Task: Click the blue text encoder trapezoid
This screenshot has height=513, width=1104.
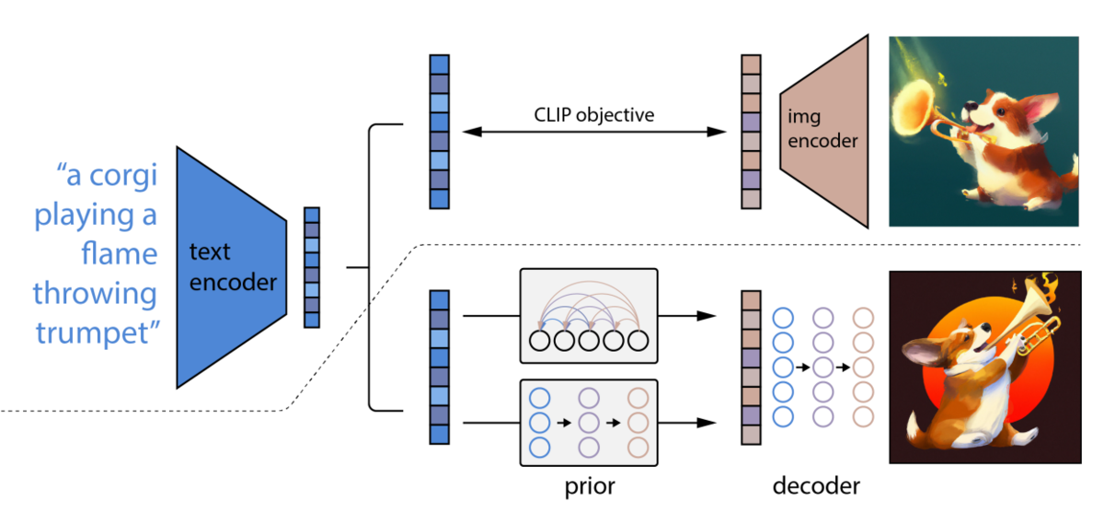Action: [x=232, y=267]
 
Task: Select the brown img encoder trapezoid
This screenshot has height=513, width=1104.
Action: [x=824, y=131]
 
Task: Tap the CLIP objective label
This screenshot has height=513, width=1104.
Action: [x=594, y=115]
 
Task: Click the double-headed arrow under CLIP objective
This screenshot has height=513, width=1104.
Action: [x=594, y=132]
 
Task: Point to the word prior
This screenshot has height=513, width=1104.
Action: [x=590, y=487]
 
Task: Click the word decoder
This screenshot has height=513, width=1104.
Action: [x=816, y=486]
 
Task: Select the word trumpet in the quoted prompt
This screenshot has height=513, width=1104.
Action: [x=92, y=333]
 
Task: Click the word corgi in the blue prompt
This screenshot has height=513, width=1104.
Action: [x=123, y=176]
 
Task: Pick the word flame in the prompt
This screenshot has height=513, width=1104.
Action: [x=120, y=253]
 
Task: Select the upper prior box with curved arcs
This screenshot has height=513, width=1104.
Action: [x=589, y=316]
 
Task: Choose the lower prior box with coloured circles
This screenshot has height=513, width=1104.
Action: [x=589, y=423]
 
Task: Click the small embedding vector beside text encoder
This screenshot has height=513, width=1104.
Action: [x=312, y=267]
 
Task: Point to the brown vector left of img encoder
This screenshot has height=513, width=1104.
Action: [x=751, y=132]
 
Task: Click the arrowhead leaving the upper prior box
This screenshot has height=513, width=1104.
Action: [x=707, y=316]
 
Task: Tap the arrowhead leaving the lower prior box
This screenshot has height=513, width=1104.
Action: [x=707, y=423]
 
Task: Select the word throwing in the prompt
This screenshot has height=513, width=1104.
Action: [x=95, y=295]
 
